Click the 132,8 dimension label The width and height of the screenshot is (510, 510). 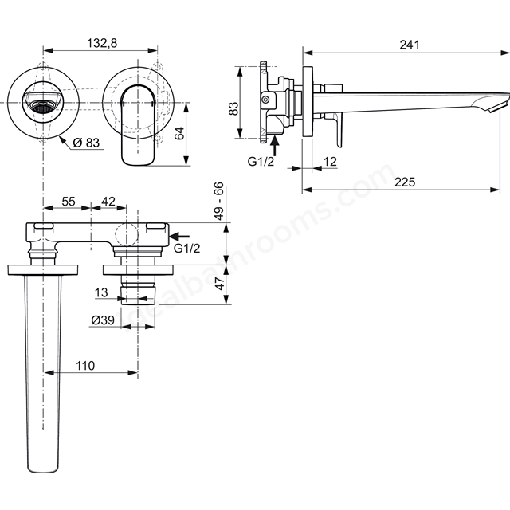click(102, 43)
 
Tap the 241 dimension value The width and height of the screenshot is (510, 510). click(410, 45)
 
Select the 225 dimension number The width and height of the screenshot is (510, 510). click(405, 182)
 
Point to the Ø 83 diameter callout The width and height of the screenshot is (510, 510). click(86, 143)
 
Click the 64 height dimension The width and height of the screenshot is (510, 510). click(179, 133)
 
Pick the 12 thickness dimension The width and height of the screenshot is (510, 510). click(330, 161)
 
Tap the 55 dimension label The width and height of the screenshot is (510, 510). click(69, 202)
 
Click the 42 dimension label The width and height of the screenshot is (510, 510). click(108, 202)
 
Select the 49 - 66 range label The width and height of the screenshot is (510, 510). click(220, 202)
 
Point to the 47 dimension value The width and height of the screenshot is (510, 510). click(220, 284)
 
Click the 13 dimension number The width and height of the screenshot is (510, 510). click(101, 292)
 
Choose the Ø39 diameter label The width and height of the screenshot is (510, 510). click(103, 320)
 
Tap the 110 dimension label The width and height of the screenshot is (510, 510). click(85, 366)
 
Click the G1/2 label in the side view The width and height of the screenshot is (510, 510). click(261, 161)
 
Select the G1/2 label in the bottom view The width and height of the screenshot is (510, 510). click(187, 249)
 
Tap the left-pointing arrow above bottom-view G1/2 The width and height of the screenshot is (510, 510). click(179, 236)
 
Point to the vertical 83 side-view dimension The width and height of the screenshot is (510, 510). click(233, 108)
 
